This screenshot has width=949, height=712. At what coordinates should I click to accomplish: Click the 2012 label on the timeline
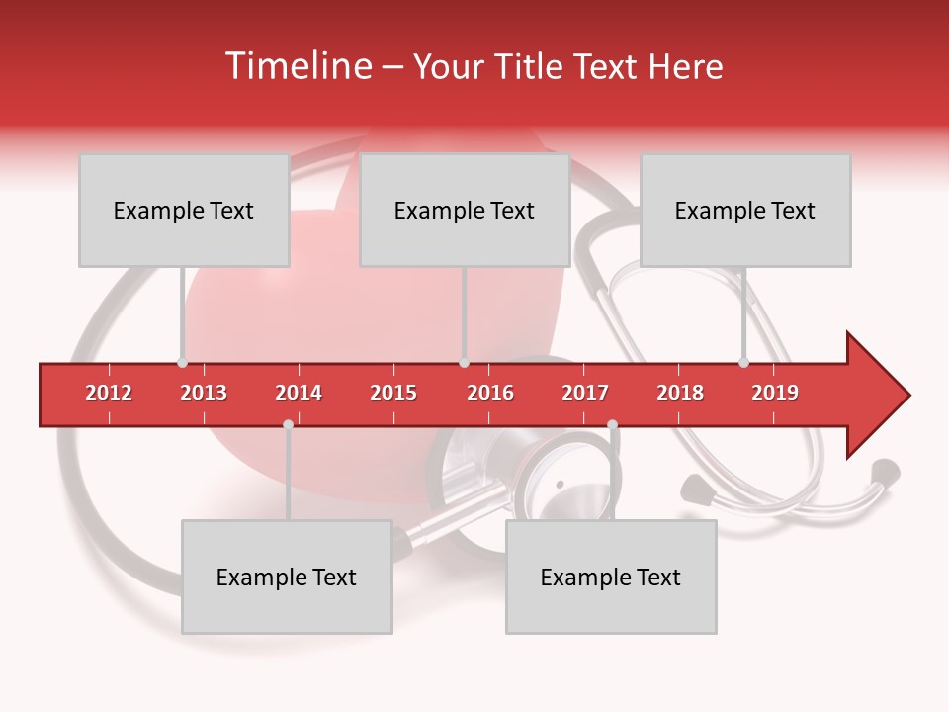pos(109,393)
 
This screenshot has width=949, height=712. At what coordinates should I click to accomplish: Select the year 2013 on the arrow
pos(204,393)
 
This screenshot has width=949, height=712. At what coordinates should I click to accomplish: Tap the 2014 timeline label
pos(299,393)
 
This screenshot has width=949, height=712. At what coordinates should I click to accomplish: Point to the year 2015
pos(393,393)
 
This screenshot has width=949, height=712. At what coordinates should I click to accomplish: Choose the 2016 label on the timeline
pos(490,393)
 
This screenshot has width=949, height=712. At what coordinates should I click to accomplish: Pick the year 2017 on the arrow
pos(585,393)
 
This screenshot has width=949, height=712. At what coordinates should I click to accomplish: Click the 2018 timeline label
pos(680,393)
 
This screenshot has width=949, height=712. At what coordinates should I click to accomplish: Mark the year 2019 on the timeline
pos(775,393)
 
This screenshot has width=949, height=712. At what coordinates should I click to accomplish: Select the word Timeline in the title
pos(296,66)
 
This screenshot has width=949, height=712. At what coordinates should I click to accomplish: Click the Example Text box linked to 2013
pos(184,210)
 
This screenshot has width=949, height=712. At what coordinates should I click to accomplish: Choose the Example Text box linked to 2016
pos(465,210)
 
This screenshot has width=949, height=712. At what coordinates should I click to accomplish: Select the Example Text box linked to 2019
pos(745,210)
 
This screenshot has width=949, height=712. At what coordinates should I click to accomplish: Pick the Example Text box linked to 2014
pos(287,577)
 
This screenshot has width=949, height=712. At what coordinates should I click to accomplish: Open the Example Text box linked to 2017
pos(611,577)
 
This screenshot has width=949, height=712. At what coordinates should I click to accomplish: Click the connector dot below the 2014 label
pos(288,425)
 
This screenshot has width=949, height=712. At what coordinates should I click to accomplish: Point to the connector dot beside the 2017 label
pos(612,425)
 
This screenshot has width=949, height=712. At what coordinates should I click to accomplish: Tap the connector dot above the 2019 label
pos(743,362)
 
